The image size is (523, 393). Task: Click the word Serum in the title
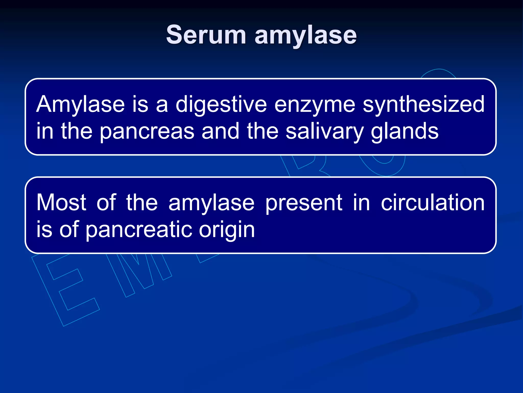[x=206, y=35]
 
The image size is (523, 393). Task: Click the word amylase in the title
[x=305, y=36]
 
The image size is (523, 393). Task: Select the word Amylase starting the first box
[x=80, y=105]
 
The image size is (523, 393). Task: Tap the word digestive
[x=221, y=105]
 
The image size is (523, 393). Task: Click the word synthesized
[x=423, y=105]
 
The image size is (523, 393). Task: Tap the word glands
[x=405, y=132]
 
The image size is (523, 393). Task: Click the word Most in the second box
[x=61, y=202]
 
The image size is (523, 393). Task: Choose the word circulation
[x=433, y=202]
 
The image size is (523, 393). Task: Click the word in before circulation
[x=361, y=202]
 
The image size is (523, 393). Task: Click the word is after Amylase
[x=140, y=105]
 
